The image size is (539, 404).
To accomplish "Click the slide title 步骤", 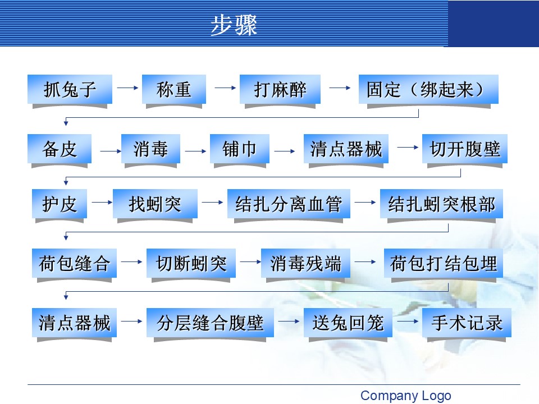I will pyautogui.click(x=234, y=25).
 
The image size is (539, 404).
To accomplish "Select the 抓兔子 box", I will pyautogui.click(x=70, y=89).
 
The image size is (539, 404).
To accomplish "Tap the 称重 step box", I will pyautogui.click(x=173, y=89).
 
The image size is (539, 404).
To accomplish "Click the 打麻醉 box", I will pyautogui.click(x=280, y=89).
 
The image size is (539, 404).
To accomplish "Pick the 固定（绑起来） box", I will pyautogui.click(x=428, y=89).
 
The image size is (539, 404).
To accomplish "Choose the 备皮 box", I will pyautogui.click(x=60, y=149).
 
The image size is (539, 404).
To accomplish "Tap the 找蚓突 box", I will pyautogui.click(x=155, y=204).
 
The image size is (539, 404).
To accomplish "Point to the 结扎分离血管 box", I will pyautogui.click(x=289, y=204).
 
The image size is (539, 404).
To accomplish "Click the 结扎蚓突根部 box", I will pyautogui.click(x=441, y=204).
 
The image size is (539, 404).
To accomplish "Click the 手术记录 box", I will pyautogui.click(x=467, y=323).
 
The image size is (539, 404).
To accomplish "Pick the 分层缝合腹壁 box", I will pyautogui.click(x=210, y=323).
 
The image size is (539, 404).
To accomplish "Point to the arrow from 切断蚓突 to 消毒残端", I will pyautogui.click(x=248, y=261).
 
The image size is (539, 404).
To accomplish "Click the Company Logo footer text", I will pyautogui.click(x=405, y=396).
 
